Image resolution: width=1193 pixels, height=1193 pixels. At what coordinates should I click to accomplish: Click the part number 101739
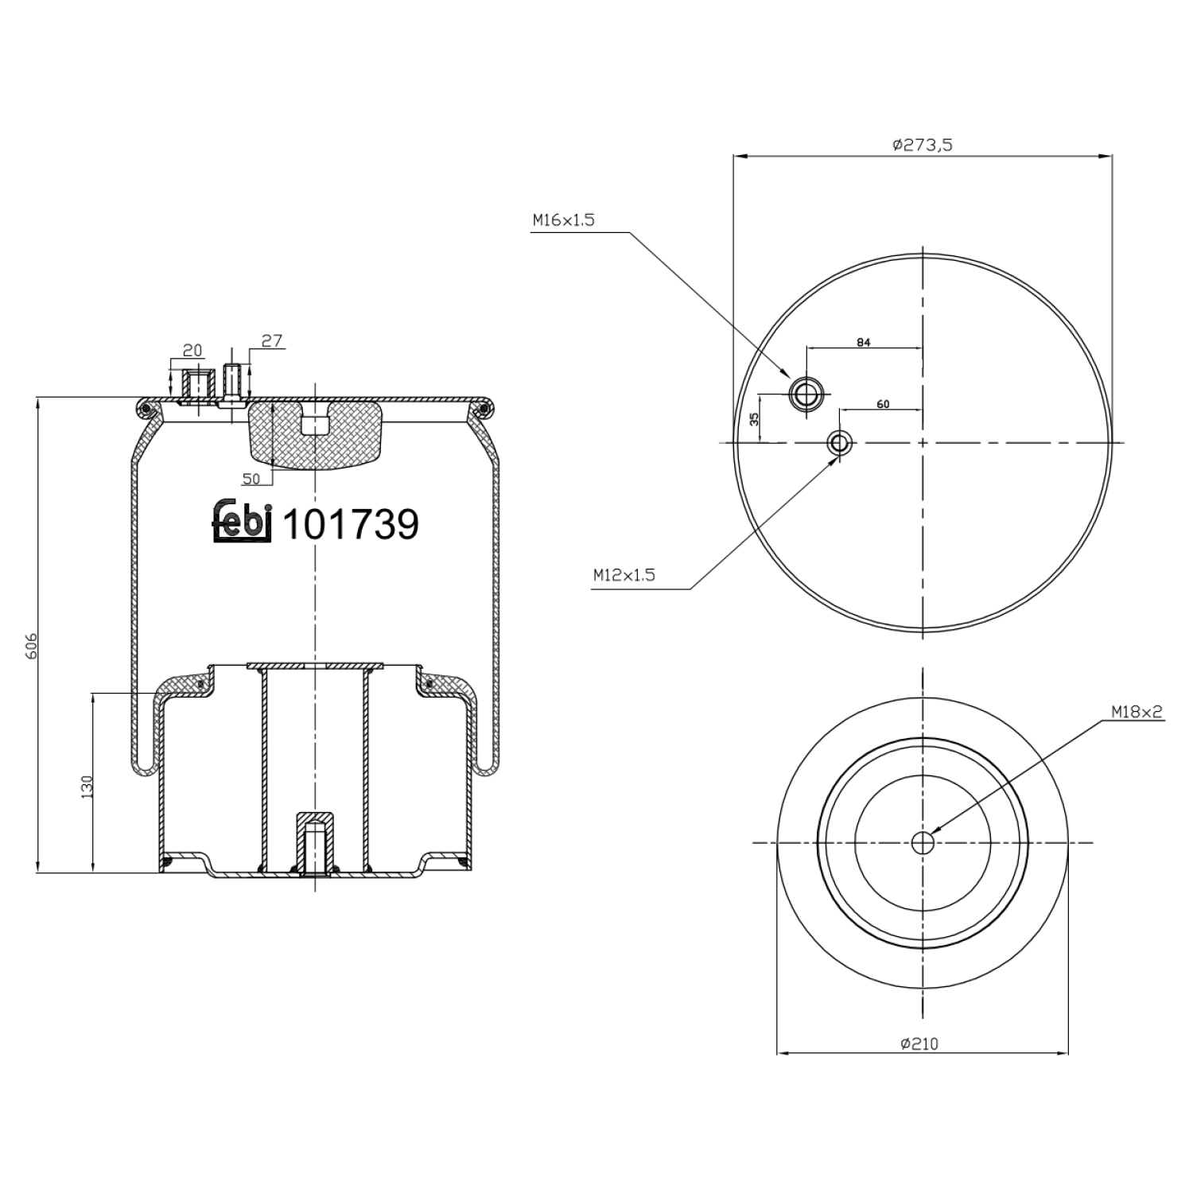[x=351, y=525]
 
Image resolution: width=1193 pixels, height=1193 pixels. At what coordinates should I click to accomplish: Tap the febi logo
[x=243, y=523]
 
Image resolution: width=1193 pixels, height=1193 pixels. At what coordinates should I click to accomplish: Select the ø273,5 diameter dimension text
[x=923, y=145]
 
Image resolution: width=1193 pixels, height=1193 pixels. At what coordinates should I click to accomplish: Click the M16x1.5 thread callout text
[x=563, y=220]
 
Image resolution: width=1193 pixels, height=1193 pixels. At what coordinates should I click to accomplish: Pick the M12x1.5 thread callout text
[x=624, y=575]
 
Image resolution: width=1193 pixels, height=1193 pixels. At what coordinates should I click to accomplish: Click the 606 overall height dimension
[x=29, y=646]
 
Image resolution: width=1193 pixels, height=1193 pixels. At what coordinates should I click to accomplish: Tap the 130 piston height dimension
[x=87, y=786]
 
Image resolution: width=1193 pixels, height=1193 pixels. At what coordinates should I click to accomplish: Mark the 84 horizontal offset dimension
[x=864, y=343]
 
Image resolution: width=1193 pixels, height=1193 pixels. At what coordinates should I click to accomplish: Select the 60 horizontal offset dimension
[x=882, y=404]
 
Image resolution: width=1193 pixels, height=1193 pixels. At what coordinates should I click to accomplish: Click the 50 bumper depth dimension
[x=251, y=478]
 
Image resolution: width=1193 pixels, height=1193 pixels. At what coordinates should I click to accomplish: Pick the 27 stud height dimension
[x=272, y=341]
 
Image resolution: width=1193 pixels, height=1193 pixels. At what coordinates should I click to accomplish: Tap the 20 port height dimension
[x=192, y=350]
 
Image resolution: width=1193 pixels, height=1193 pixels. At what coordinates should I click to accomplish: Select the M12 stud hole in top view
[x=839, y=442]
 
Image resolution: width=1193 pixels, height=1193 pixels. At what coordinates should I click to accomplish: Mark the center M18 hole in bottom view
[x=923, y=843]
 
